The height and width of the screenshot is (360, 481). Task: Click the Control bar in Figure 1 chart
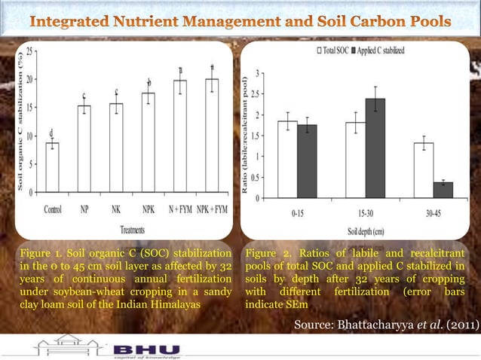[52, 167]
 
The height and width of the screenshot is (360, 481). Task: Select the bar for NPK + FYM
[212, 136]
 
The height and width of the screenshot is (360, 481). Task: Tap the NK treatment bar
[116, 148]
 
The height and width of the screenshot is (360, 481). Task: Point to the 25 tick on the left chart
[29, 52]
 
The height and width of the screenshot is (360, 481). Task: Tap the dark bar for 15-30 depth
[375, 148]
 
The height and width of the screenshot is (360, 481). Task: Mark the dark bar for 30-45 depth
[443, 190]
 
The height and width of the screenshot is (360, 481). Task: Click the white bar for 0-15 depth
[287, 160]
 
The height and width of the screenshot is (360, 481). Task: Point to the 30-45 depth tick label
[432, 214]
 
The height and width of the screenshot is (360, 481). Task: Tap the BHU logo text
[147, 349]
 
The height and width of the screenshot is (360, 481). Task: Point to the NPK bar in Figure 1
[149, 142]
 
